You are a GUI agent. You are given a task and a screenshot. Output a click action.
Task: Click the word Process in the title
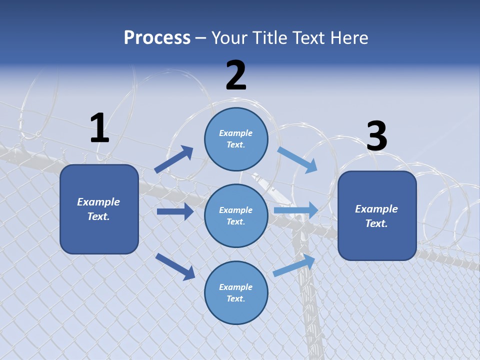[157, 37]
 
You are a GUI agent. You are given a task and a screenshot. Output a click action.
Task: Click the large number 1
[99, 128]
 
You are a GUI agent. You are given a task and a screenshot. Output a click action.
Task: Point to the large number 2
[236, 75]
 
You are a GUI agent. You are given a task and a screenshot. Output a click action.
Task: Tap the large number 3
[376, 136]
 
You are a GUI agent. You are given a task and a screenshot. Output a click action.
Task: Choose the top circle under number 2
[236, 139]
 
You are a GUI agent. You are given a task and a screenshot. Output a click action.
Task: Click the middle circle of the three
[236, 215]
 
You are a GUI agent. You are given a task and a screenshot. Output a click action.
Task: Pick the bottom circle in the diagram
[236, 292]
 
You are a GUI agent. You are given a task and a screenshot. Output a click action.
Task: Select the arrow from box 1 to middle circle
[175, 211]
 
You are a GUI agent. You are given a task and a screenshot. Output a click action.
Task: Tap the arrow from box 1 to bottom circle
[175, 266]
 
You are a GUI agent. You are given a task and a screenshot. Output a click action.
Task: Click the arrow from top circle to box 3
[297, 159]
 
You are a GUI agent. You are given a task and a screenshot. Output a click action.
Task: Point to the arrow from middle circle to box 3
[296, 210]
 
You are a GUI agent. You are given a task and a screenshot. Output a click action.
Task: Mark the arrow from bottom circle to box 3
[294, 265]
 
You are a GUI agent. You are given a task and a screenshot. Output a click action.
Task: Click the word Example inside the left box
[98, 202]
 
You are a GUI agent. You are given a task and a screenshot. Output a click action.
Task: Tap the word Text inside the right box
[376, 223]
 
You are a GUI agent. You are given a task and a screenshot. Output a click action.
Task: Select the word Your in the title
[229, 37]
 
